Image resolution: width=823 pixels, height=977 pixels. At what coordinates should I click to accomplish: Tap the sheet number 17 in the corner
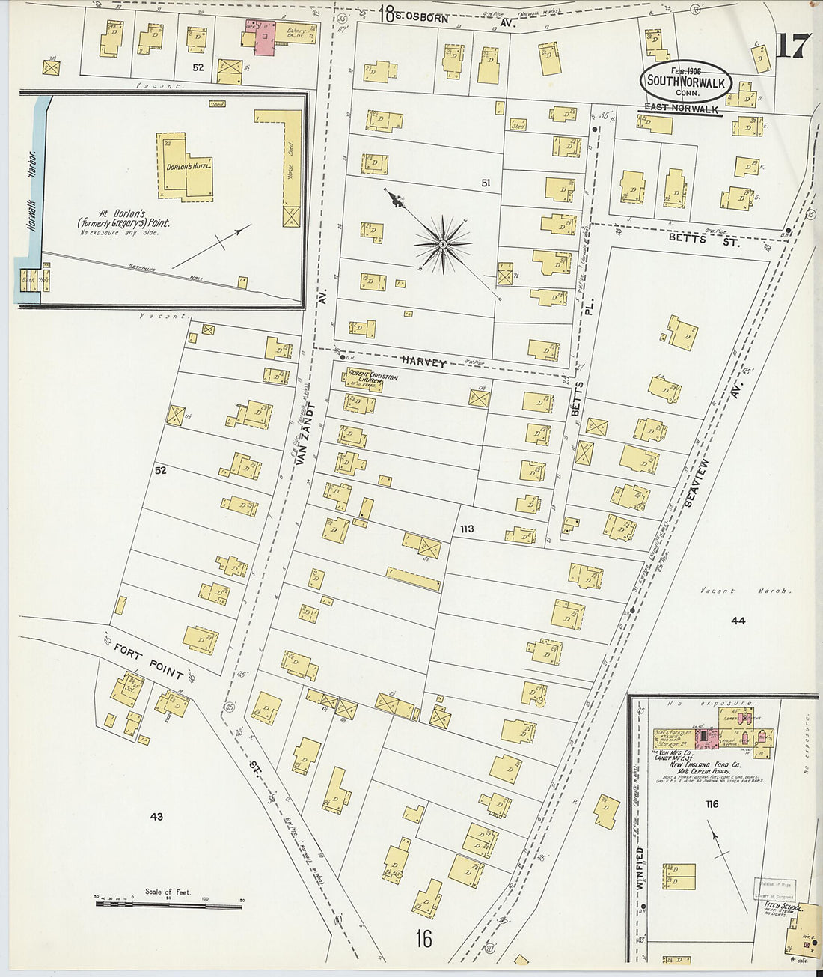pos(792,46)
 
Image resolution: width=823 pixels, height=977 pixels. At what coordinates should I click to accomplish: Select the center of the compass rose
pos(443,243)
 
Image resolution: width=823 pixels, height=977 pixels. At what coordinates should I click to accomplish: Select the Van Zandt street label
pos(302,435)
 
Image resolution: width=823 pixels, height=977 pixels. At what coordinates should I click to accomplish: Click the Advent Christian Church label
pos(372,380)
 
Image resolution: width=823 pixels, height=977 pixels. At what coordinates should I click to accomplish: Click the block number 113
pos(467,529)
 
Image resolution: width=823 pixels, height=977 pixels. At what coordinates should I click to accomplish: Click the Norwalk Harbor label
pos(31,190)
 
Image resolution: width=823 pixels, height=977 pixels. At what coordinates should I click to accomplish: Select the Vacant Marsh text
pos(744,591)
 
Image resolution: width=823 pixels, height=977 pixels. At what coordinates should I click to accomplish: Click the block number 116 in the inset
pos(711,804)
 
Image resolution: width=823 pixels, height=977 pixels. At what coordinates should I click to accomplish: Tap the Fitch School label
pos(783,907)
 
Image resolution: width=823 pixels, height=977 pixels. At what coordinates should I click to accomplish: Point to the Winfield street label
pos(640,868)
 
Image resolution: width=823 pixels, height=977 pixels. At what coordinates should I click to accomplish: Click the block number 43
pos(156,817)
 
